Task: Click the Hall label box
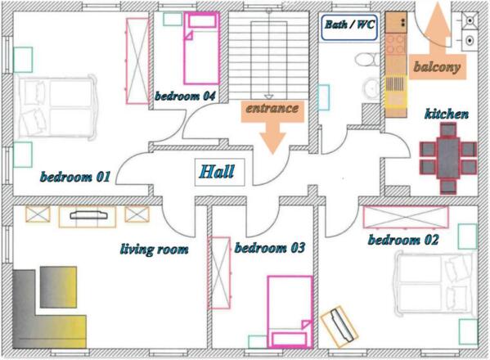(x=220, y=172)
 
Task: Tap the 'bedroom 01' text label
(x=75, y=177)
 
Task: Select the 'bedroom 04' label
(x=185, y=96)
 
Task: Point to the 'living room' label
(x=155, y=250)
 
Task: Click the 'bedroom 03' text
(x=270, y=248)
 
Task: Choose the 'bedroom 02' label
(x=403, y=240)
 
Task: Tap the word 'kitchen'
(x=447, y=114)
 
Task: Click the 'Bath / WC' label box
(x=349, y=28)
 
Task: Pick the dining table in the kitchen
(x=448, y=159)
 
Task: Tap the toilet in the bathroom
(x=367, y=60)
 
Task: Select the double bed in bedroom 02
(x=435, y=284)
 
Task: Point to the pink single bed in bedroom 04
(x=201, y=48)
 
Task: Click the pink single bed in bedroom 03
(x=290, y=312)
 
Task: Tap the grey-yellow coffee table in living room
(x=58, y=287)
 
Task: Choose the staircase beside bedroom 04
(x=269, y=56)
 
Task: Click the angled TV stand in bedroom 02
(x=339, y=326)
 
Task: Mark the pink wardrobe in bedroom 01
(x=137, y=61)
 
